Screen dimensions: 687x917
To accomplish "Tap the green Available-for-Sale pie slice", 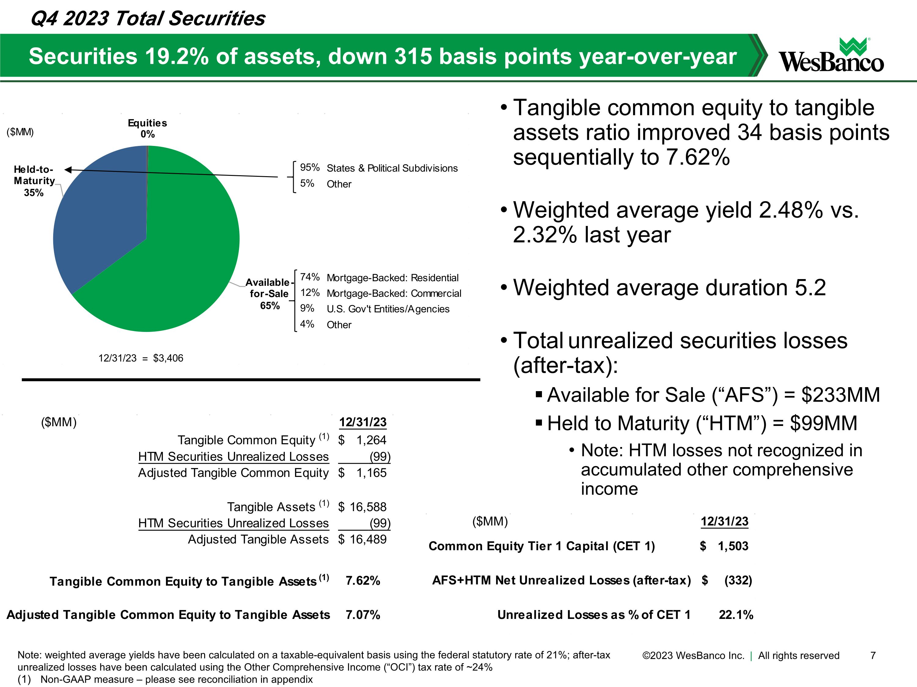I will (182, 257).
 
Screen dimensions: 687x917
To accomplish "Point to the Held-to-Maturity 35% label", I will (34, 181).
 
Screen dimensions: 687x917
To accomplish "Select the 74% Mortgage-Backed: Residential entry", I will (379, 278).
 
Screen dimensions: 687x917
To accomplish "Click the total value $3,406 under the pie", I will (168, 358).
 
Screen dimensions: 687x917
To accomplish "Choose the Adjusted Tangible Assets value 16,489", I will (368, 539).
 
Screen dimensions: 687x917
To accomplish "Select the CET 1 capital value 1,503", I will (733, 546).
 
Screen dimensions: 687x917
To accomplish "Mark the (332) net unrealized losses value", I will (738, 580).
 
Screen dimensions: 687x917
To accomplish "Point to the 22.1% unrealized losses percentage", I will (736, 615).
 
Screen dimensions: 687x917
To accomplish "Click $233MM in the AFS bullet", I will (840, 394).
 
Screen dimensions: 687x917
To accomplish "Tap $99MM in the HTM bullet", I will (823, 423).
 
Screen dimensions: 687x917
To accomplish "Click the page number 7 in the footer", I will (873, 656).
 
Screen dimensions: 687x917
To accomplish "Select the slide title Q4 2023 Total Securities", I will (148, 19).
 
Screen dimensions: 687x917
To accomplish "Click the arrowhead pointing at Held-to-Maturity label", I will (68, 170).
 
